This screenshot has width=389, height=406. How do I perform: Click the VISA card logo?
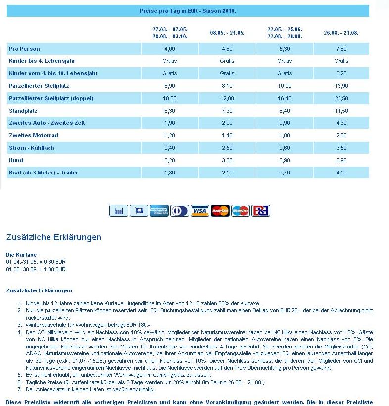tap(200, 211)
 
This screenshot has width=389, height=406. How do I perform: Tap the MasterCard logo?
tap(220, 211)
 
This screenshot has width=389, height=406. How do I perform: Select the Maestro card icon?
tap(241, 211)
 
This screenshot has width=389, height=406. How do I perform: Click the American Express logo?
tap(159, 211)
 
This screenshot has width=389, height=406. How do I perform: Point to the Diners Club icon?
tap(180, 211)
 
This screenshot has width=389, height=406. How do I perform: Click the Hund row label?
tap(16, 160)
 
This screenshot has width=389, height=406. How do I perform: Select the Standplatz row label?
tap(23, 111)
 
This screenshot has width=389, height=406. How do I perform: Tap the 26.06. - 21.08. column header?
tap(341, 33)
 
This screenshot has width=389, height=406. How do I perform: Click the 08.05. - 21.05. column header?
tap(227, 33)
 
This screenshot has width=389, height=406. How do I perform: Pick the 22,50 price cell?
tap(341, 98)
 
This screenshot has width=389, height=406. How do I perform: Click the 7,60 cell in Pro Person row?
tap(341, 49)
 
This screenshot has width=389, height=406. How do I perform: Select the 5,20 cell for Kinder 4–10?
tap(341, 73)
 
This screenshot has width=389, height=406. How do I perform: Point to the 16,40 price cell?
tap(285, 98)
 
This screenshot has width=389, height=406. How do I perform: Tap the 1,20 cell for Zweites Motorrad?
tap(170, 135)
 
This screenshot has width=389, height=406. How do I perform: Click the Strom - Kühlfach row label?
tap(32, 148)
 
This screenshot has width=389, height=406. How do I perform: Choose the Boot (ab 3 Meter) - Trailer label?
tap(44, 173)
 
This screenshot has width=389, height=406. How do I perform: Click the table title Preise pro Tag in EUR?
tap(188, 11)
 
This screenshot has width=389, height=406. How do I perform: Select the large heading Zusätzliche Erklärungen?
tap(53, 237)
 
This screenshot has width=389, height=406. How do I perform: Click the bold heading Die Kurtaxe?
tap(21, 255)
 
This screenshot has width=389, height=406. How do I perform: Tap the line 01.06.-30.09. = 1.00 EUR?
tap(36, 269)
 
